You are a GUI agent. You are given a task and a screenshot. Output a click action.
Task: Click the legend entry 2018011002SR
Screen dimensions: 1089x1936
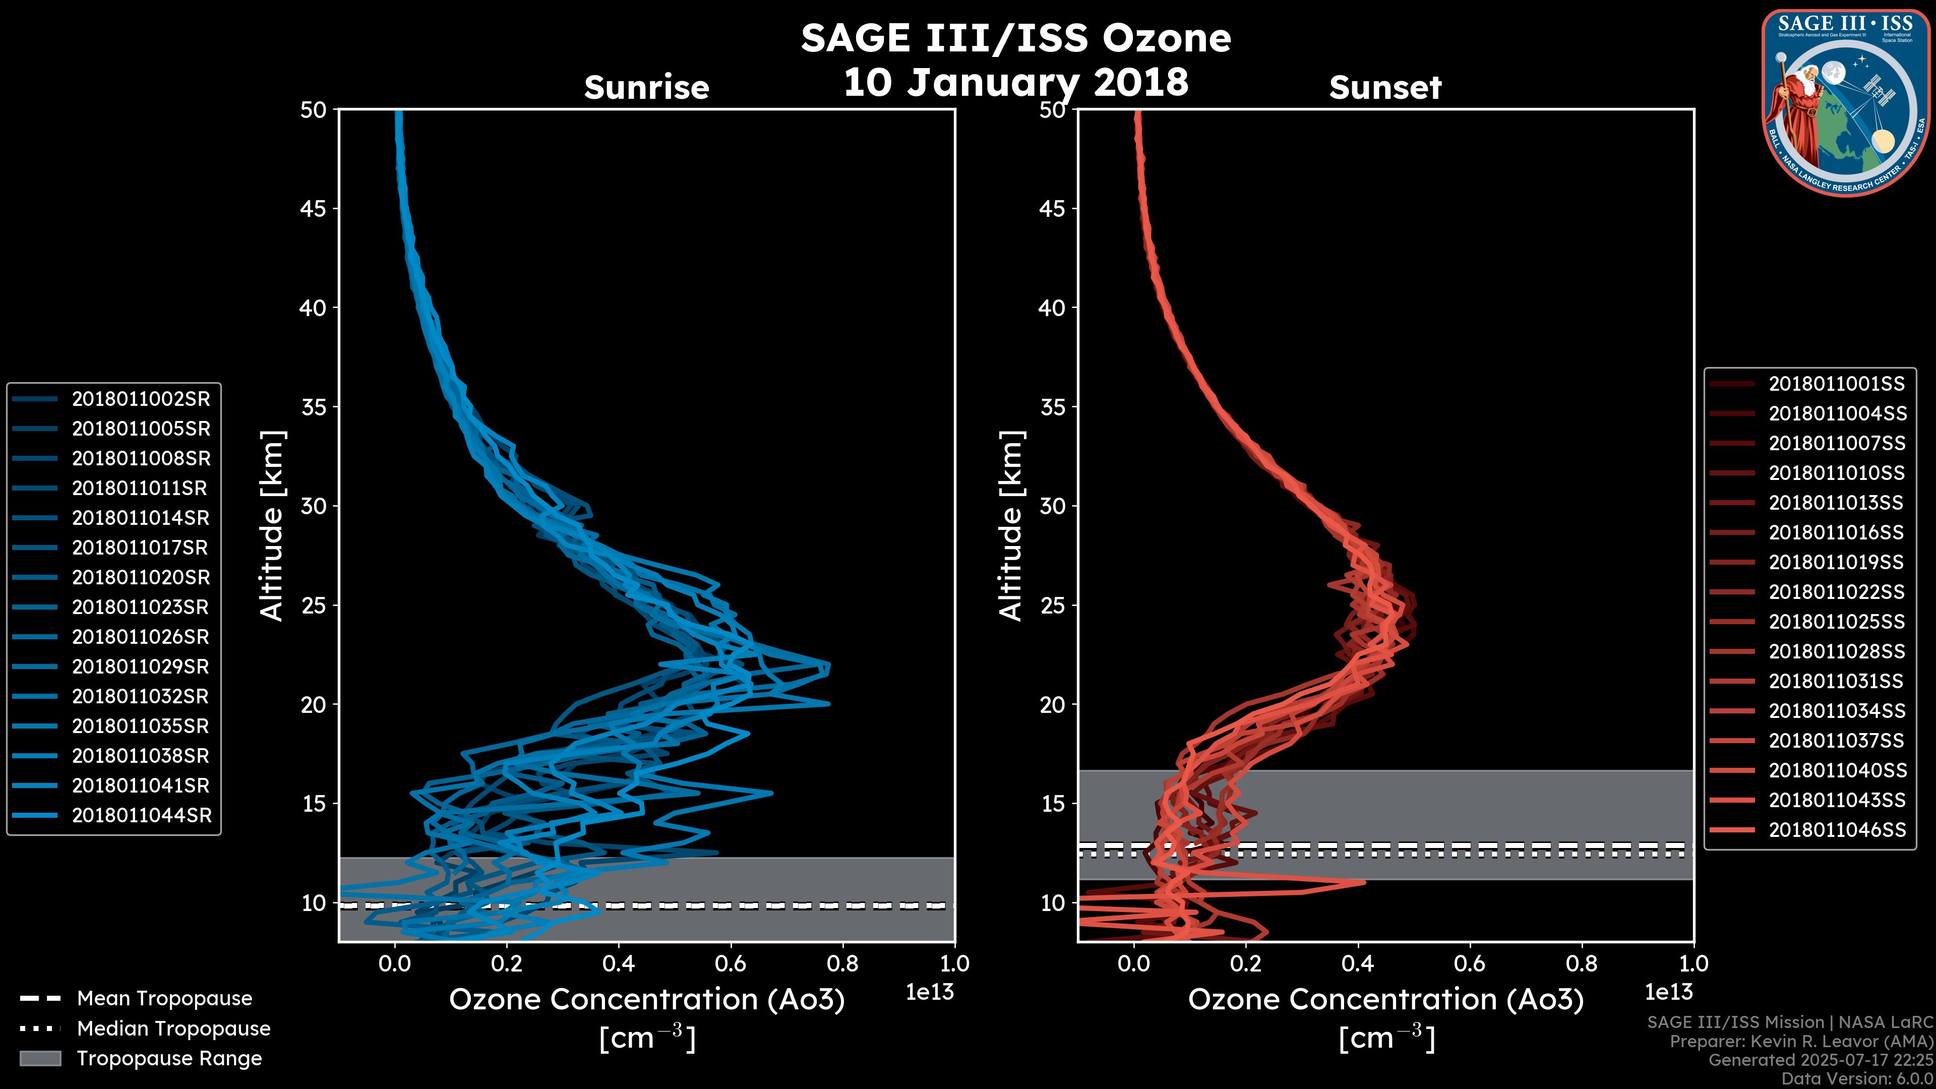pos(141,399)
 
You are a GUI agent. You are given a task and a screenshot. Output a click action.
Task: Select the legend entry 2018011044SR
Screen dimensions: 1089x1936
pos(141,815)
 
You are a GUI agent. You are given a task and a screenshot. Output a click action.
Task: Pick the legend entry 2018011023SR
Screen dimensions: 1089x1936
pos(140,607)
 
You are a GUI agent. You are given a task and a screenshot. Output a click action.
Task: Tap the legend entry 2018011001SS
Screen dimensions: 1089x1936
pos(1837,384)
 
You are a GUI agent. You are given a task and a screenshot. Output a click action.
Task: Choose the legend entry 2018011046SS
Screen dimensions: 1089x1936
pos(1837,830)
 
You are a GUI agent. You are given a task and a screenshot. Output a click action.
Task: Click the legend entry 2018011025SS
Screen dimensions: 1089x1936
pos(1837,622)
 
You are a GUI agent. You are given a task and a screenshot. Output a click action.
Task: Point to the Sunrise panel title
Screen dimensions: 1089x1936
pos(646,87)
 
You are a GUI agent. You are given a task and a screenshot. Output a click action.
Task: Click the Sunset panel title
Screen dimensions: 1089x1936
pos(1385,87)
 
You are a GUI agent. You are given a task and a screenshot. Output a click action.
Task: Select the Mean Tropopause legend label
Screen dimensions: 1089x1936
pos(164,999)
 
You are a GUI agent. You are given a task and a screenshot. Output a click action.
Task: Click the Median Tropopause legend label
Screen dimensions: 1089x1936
pos(173,1029)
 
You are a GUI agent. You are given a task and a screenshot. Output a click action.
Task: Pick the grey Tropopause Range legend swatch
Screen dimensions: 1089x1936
pos(40,1058)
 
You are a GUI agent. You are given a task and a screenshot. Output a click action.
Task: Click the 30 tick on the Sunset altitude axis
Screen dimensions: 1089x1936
pos(1052,506)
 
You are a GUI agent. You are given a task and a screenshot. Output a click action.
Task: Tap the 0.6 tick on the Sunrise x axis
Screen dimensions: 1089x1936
pos(731,963)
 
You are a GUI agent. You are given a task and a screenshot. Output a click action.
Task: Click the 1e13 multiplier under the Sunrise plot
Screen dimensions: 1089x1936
pos(930,992)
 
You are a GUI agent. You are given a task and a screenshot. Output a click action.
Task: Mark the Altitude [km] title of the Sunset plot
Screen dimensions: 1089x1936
pos(1011,526)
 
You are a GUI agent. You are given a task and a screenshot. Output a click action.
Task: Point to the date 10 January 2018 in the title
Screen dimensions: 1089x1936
pos(1015,82)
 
